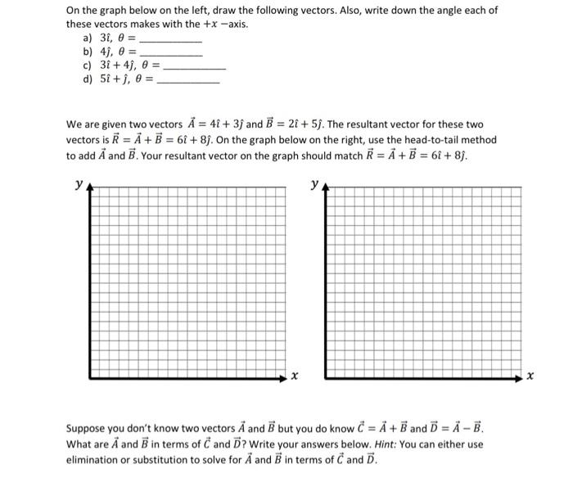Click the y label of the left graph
click(79, 185)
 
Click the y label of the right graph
click(315, 185)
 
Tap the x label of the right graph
click(530, 377)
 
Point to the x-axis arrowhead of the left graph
click(282, 377)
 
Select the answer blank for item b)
click(172, 53)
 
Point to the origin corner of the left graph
click(90, 377)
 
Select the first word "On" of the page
click(74, 11)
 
